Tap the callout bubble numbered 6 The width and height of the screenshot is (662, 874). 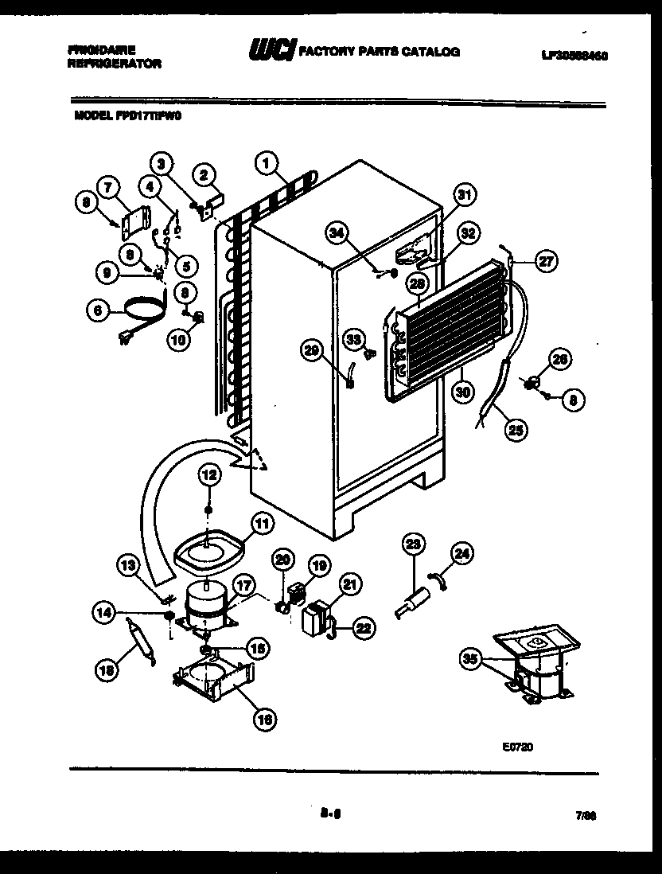[97, 313]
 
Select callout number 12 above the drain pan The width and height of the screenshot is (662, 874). [208, 475]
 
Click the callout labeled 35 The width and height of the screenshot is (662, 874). [471, 657]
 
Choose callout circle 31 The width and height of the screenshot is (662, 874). [465, 194]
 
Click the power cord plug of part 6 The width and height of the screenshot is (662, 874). [124, 338]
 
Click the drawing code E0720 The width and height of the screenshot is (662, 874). [517, 747]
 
